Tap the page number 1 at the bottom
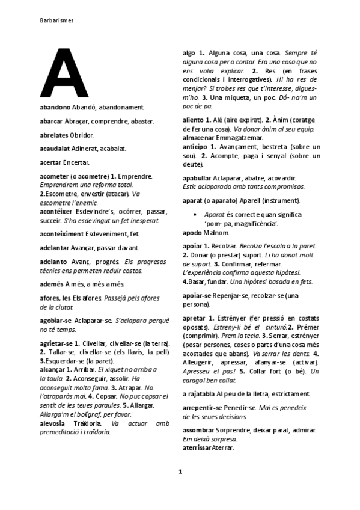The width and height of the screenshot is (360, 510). pyautogui.click(x=180, y=471)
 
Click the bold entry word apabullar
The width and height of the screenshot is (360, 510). pyautogui.click(x=198, y=178)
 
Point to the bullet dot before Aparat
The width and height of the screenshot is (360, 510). pyautogui.click(x=194, y=215)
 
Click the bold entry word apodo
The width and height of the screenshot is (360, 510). pyautogui.click(x=192, y=232)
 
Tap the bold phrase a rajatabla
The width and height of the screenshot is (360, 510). pyautogui.click(x=199, y=395)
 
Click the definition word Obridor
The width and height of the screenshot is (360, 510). pyautogui.click(x=82, y=135)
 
